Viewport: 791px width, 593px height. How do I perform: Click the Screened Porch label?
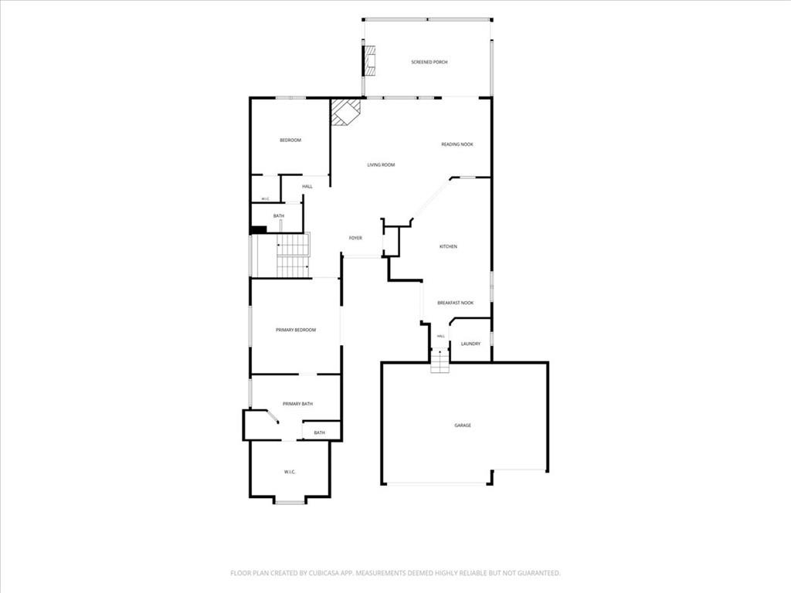pyautogui.click(x=429, y=62)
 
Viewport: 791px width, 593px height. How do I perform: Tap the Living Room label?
pyautogui.click(x=381, y=165)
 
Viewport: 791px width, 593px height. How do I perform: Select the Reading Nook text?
pyautogui.click(x=457, y=144)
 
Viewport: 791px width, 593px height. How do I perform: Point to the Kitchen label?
pyautogui.click(x=448, y=246)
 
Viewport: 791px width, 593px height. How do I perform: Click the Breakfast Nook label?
pyautogui.click(x=456, y=303)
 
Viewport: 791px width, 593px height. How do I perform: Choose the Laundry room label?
pyautogui.click(x=470, y=344)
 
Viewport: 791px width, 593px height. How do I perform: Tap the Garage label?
pyautogui.click(x=463, y=425)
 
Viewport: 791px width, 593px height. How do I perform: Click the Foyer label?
pyautogui.click(x=355, y=238)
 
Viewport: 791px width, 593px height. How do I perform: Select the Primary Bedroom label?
pyautogui.click(x=296, y=330)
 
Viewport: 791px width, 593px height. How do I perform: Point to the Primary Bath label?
pyautogui.click(x=297, y=404)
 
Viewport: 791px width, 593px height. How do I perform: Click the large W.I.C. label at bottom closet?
pyautogui.click(x=290, y=472)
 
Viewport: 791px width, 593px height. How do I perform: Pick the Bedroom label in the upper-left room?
pyautogui.click(x=290, y=141)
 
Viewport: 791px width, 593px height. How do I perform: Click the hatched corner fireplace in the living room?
pyautogui.click(x=345, y=111)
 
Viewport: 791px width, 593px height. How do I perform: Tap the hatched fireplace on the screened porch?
pyautogui.click(x=370, y=61)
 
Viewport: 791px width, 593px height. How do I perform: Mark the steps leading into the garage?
pyautogui.click(x=440, y=361)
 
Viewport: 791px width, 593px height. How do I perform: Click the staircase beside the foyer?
pyautogui.click(x=293, y=255)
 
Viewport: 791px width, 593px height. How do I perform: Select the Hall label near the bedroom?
pyautogui.click(x=307, y=187)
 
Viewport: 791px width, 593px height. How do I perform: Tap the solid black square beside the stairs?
pyautogui.click(x=258, y=230)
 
